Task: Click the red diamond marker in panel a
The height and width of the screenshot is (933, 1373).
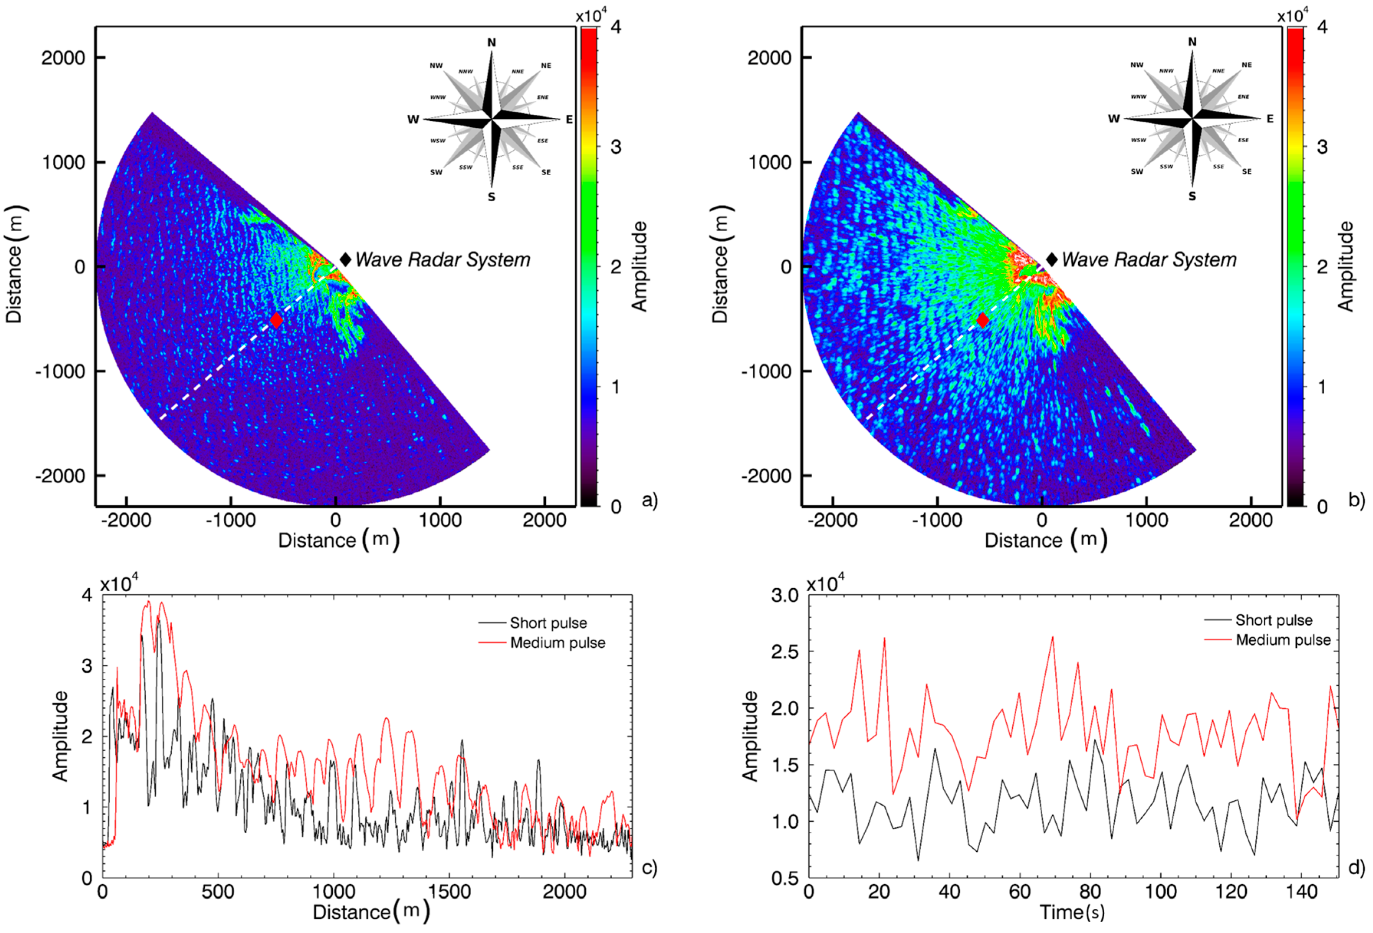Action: pos(276,320)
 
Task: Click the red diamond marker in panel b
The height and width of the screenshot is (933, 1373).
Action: pos(982,320)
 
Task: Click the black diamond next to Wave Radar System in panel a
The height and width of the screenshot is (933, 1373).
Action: pos(346,259)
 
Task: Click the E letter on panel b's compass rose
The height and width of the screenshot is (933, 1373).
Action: pos(1270,119)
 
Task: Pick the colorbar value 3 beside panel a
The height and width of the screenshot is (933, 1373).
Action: pos(616,146)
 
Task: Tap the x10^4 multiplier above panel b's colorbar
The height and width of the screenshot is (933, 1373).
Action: pos(1292,16)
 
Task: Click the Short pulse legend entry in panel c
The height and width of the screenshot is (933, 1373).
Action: pos(548,623)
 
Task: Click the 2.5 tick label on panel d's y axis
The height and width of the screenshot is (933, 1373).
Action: pos(786,652)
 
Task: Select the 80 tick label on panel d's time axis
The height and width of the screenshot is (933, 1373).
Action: pos(1090,891)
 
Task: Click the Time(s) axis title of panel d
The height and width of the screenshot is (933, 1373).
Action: pos(1072,912)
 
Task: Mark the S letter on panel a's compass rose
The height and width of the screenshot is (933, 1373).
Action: pos(491,197)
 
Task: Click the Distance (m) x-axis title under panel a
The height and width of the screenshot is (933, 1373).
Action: pos(338,540)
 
